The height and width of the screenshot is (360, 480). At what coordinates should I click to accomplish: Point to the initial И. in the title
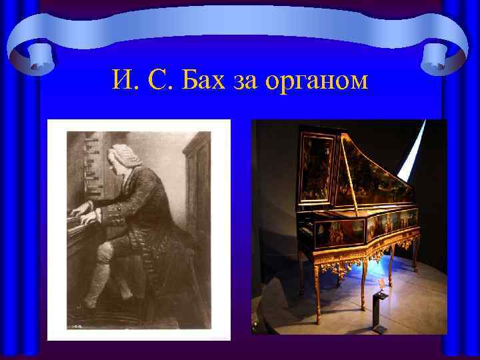click(x=124, y=81)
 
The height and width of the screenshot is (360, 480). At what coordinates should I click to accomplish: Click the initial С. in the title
click(x=159, y=81)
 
